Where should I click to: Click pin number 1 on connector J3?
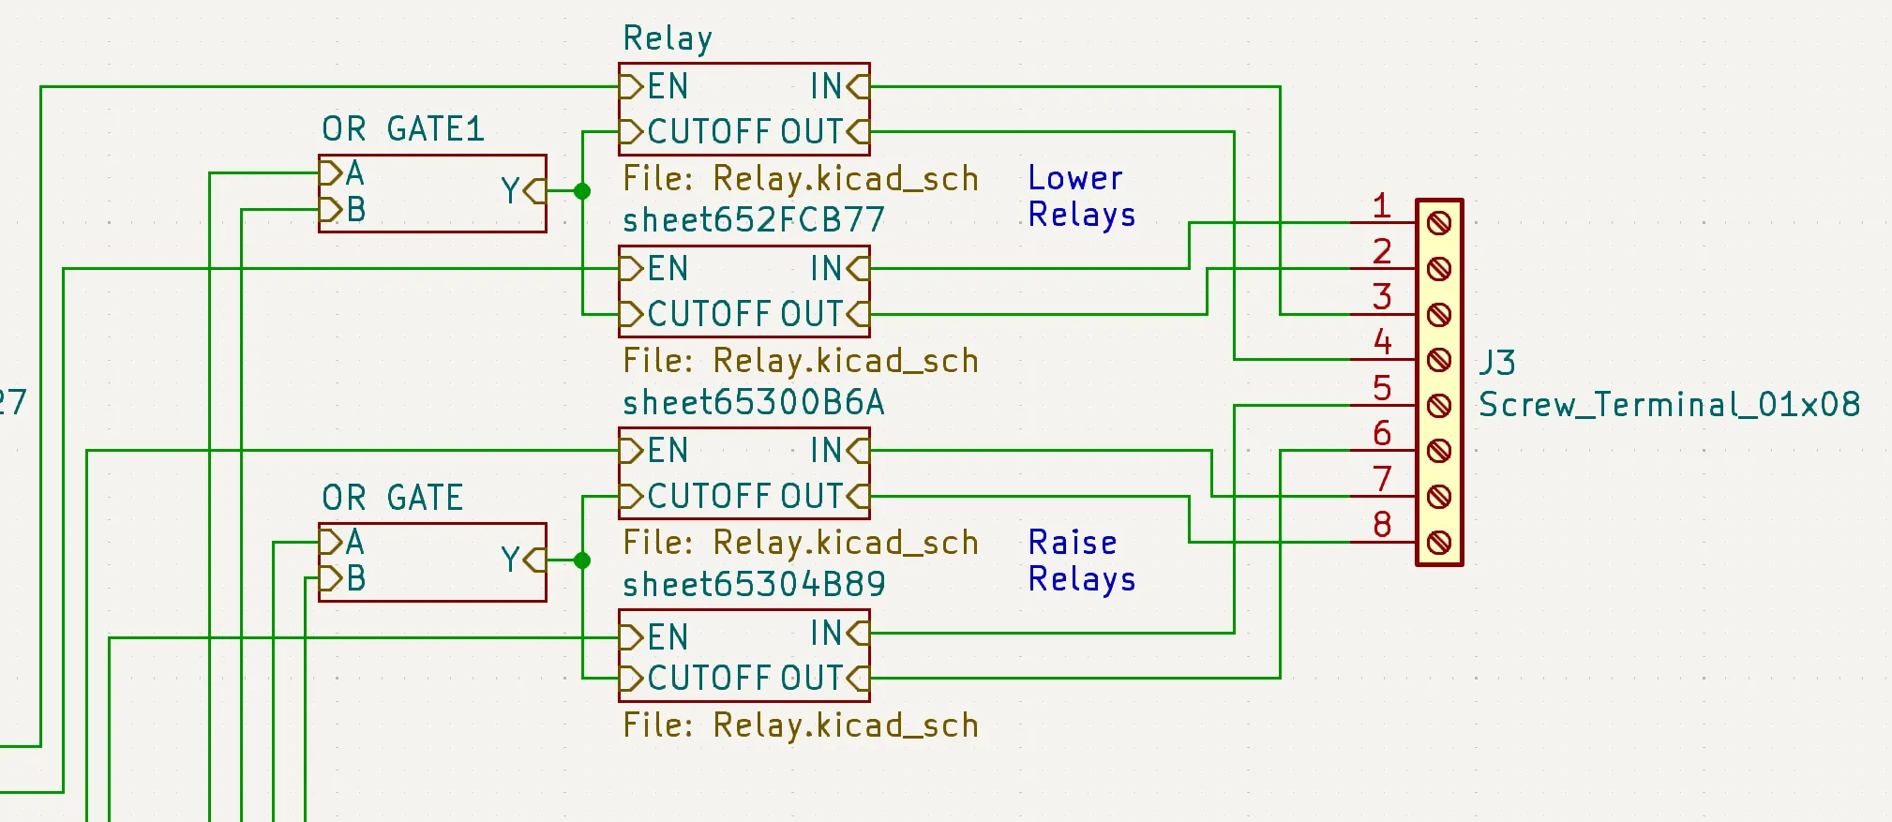[1380, 205]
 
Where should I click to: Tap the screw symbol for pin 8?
[1439, 542]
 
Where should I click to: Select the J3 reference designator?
[1497, 363]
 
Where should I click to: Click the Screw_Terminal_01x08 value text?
[1669, 405]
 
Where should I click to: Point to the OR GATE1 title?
[403, 128]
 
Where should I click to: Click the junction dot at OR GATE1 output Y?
[582, 191]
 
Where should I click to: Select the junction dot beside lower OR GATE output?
[582, 560]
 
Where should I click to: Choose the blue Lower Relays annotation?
[1081, 196]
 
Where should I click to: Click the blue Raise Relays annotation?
[1081, 560]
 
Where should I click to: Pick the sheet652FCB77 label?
[754, 220]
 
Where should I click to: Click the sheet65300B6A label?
[754, 402]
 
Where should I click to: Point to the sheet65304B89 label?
[754, 584]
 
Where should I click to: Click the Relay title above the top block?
[668, 38]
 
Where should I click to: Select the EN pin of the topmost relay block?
[656, 86]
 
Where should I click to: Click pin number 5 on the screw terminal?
[1381, 387]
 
